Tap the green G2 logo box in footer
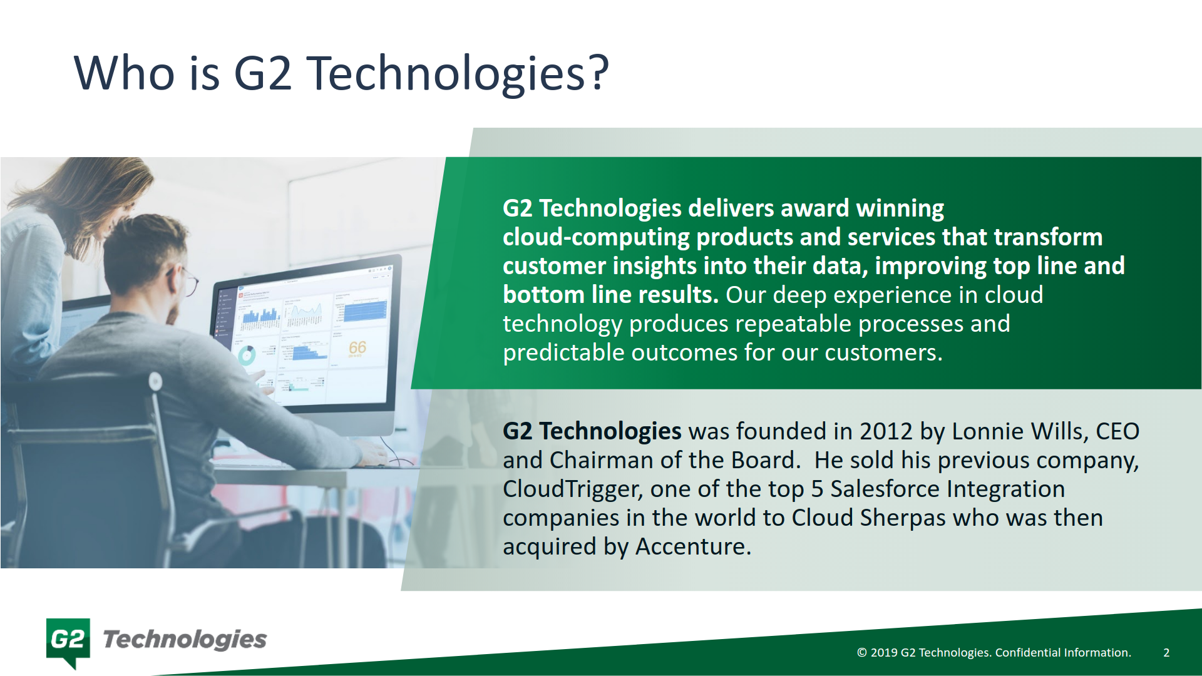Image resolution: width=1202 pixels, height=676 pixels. [x=68, y=640]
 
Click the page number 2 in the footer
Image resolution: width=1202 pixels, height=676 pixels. [x=1166, y=652]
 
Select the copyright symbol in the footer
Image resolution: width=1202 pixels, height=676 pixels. [x=862, y=652]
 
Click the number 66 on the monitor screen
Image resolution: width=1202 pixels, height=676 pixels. [x=357, y=347]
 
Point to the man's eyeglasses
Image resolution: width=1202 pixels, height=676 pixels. [x=190, y=284]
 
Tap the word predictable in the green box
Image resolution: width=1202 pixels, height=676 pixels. [x=563, y=352]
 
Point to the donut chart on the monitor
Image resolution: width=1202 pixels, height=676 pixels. [x=247, y=356]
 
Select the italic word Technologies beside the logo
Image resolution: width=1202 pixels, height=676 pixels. [x=185, y=640]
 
